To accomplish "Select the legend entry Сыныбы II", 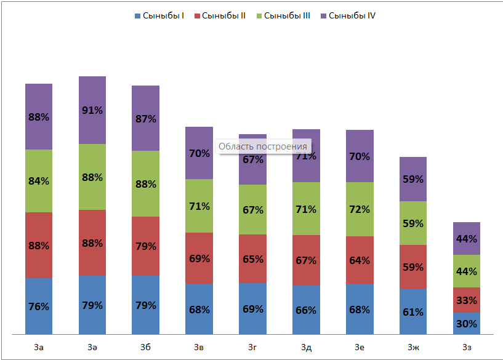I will pyautogui.click(x=220, y=15).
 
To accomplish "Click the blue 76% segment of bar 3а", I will pyautogui.click(x=39, y=306).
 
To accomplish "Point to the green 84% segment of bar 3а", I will pyautogui.click(x=39, y=181).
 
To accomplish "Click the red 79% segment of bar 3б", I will pyautogui.click(x=145, y=246).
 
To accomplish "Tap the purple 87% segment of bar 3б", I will pyautogui.click(x=145, y=118).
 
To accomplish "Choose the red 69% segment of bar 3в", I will pyautogui.click(x=199, y=258).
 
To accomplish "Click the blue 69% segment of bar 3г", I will pyautogui.click(x=252, y=308).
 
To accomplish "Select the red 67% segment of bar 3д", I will pyautogui.click(x=306, y=260).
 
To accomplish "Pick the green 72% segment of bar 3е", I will pyautogui.click(x=360, y=209).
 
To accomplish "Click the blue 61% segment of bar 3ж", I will pyautogui.click(x=413, y=311).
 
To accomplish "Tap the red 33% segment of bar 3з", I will pyautogui.click(x=467, y=300).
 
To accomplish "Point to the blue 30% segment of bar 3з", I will pyautogui.click(x=467, y=324).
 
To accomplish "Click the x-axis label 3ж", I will pyautogui.click(x=413, y=348).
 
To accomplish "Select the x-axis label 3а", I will pyautogui.click(x=39, y=348).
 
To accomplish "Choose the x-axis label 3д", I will pyautogui.click(x=306, y=348).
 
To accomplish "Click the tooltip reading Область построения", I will pyautogui.click(x=263, y=146).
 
